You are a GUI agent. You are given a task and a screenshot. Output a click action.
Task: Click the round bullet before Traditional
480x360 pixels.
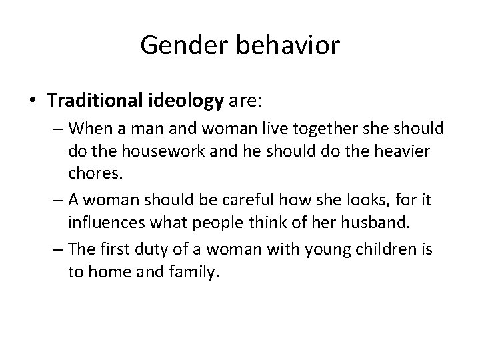33,101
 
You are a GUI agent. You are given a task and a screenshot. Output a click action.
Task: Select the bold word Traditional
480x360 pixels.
95,101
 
